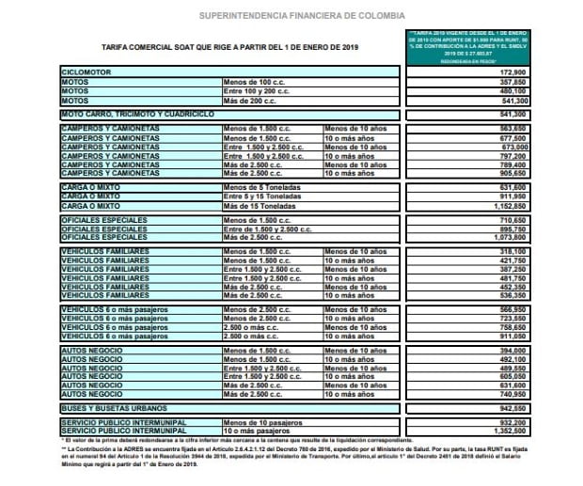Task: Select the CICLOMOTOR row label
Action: [x=86, y=71]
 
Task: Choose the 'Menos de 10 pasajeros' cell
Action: [x=257, y=422]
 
